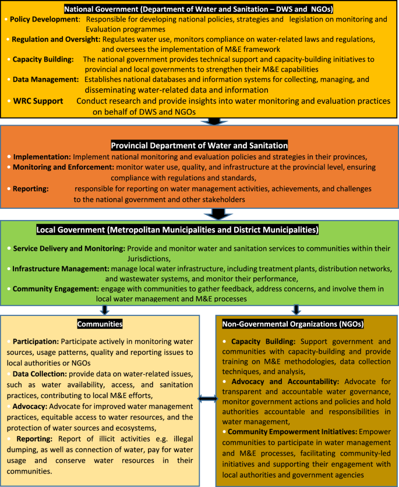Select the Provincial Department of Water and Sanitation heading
(199, 145)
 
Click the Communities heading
(100, 324)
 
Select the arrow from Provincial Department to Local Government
(218, 214)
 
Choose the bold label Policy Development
(44, 19)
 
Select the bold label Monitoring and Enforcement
(62, 168)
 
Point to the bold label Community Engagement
(55, 289)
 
